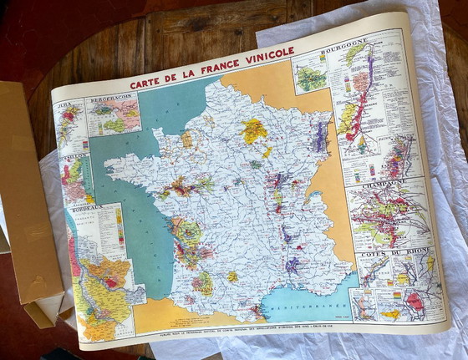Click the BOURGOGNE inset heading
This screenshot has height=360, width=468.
353,42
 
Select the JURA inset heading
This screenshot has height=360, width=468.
63,107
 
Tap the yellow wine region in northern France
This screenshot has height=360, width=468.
253,129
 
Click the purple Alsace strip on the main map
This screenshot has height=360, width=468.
320,134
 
